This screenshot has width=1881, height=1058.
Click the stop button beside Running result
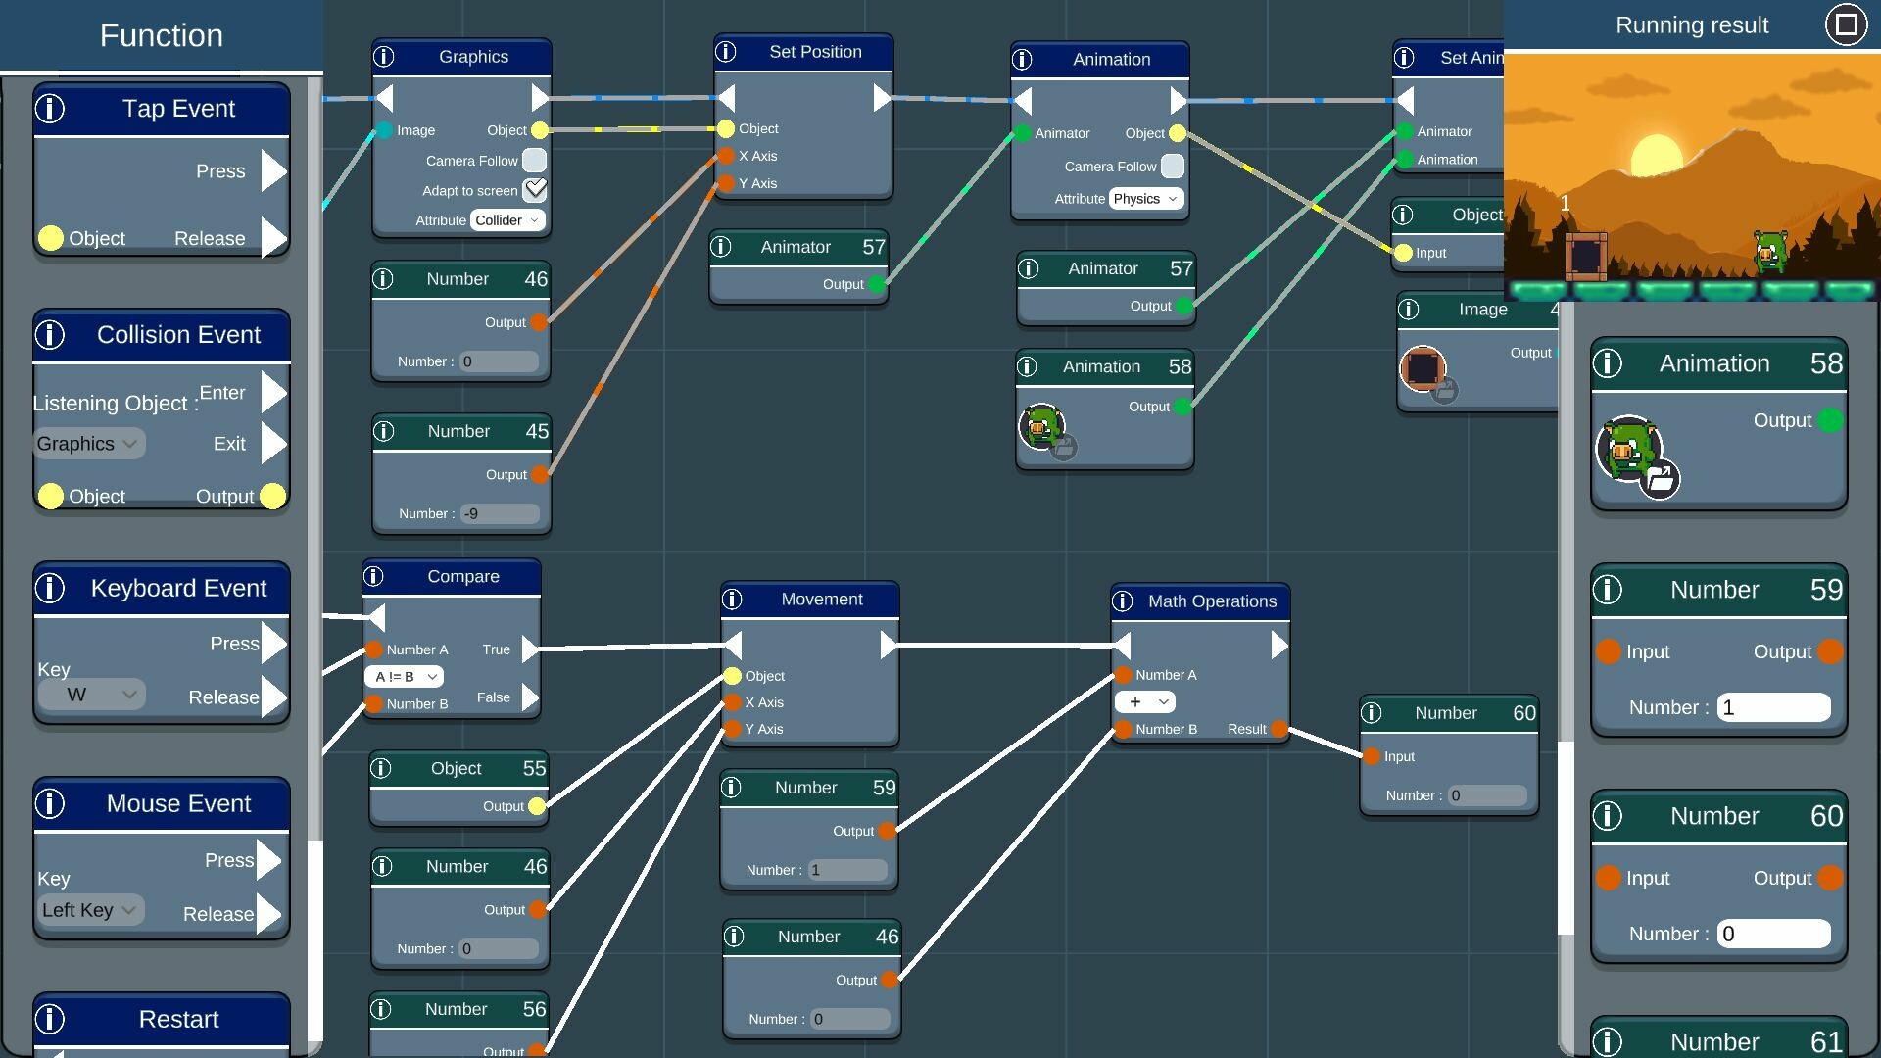(x=1846, y=24)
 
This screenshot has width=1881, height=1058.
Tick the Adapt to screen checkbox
(x=535, y=190)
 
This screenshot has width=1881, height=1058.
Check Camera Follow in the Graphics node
(x=535, y=161)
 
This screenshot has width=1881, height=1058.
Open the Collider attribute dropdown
(x=507, y=220)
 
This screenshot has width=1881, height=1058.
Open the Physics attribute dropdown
(x=1145, y=199)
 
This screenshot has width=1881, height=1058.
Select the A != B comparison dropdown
(x=404, y=677)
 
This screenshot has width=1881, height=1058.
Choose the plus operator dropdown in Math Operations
(x=1144, y=702)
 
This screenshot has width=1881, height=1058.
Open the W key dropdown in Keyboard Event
(x=91, y=695)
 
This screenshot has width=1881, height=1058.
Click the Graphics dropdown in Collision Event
(x=88, y=444)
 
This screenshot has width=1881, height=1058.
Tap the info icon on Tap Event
(x=50, y=109)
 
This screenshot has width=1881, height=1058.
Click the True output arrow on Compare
(x=529, y=649)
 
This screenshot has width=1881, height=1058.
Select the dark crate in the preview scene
(x=1585, y=257)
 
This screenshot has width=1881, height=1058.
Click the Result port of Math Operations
(x=1278, y=729)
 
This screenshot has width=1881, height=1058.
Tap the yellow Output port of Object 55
(x=537, y=806)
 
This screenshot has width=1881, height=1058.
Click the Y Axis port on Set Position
(x=726, y=183)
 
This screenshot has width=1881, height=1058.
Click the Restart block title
(x=178, y=1019)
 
